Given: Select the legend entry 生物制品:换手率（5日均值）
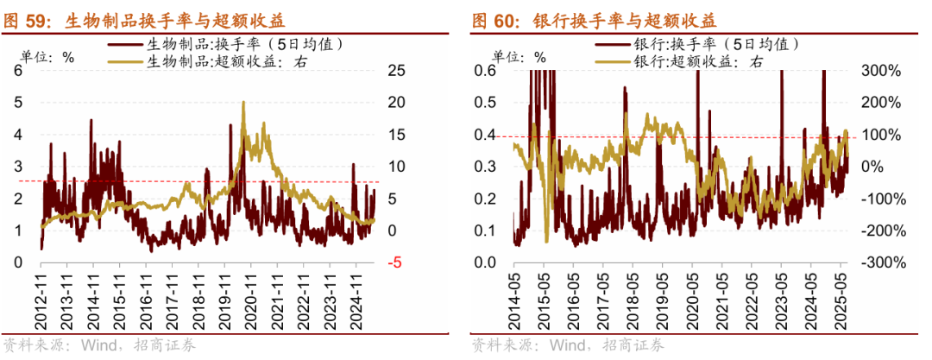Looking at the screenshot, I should click(x=234, y=44).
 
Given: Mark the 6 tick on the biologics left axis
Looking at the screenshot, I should click(x=18, y=71).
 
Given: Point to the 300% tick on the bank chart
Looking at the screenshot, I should click(x=882, y=71).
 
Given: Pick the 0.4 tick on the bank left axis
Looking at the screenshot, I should click(x=488, y=135).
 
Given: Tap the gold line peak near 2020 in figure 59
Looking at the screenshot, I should click(x=244, y=103).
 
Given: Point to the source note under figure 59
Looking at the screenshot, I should click(x=100, y=345).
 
